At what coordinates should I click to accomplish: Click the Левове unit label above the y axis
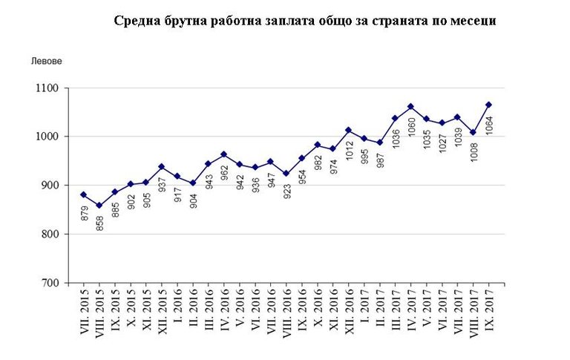[x=46, y=60]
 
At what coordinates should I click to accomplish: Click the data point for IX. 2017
[x=488, y=105]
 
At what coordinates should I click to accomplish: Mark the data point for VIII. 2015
[x=99, y=206]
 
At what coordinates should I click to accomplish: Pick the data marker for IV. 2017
[x=410, y=106]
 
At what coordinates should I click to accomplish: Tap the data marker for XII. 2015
[x=161, y=167]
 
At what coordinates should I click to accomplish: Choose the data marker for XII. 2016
[x=348, y=131]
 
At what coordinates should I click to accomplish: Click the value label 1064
[x=490, y=126]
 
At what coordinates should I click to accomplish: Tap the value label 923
[x=286, y=190]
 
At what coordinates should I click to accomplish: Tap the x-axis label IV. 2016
[x=224, y=315]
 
